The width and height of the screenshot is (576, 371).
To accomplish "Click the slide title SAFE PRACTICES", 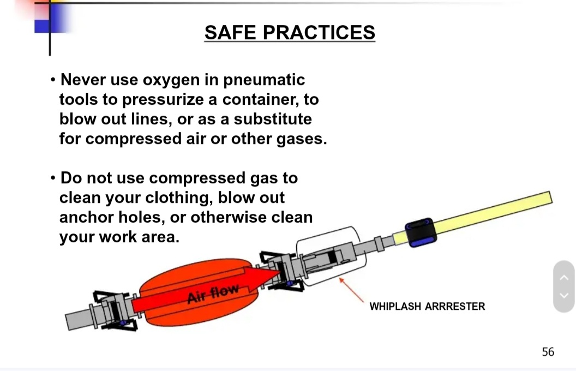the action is point(290,33).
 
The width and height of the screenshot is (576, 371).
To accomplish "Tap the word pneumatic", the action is point(264,80).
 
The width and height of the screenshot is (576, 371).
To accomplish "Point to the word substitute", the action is point(273,119).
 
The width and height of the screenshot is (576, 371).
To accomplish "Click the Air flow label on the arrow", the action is point(213,294).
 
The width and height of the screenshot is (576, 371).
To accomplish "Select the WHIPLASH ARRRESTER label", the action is point(427,307).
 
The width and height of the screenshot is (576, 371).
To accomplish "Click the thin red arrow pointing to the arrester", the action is point(351,290).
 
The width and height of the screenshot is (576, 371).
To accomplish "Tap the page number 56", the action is point(548,352).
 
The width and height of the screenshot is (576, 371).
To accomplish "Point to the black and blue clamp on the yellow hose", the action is point(421,232).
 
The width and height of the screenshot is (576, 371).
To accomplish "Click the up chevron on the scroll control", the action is point(564,277).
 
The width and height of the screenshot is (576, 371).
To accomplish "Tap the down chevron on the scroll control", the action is point(564,295).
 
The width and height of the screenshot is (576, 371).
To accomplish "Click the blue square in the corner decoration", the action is point(42,26).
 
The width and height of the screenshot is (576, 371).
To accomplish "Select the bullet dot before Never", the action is point(53,80).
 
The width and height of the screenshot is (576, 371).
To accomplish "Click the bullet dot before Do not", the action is point(53,178).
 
